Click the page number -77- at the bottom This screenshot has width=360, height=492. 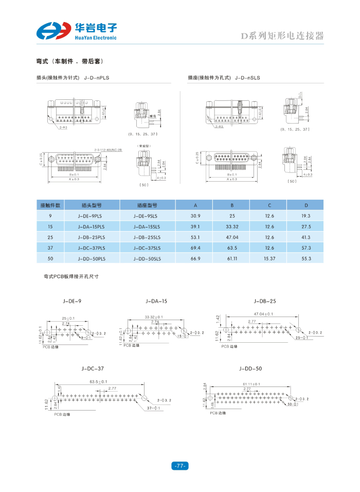(179, 466)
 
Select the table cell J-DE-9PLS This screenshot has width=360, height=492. (92, 216)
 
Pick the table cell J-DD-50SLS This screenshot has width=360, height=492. (147, 258)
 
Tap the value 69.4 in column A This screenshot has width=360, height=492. (195, 248)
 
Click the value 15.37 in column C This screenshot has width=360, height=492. (269, 258)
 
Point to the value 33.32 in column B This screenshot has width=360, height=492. (232, 226)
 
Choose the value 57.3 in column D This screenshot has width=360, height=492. (306, 248)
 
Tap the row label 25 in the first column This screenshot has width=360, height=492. (50, 237)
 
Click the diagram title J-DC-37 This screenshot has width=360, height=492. (93, 368)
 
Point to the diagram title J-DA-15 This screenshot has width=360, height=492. (156, 301)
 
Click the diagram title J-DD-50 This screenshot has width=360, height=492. (250, 368)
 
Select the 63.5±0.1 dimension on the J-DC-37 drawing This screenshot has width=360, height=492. (98, 382)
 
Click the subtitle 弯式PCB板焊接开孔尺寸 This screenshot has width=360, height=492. (71, 276)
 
